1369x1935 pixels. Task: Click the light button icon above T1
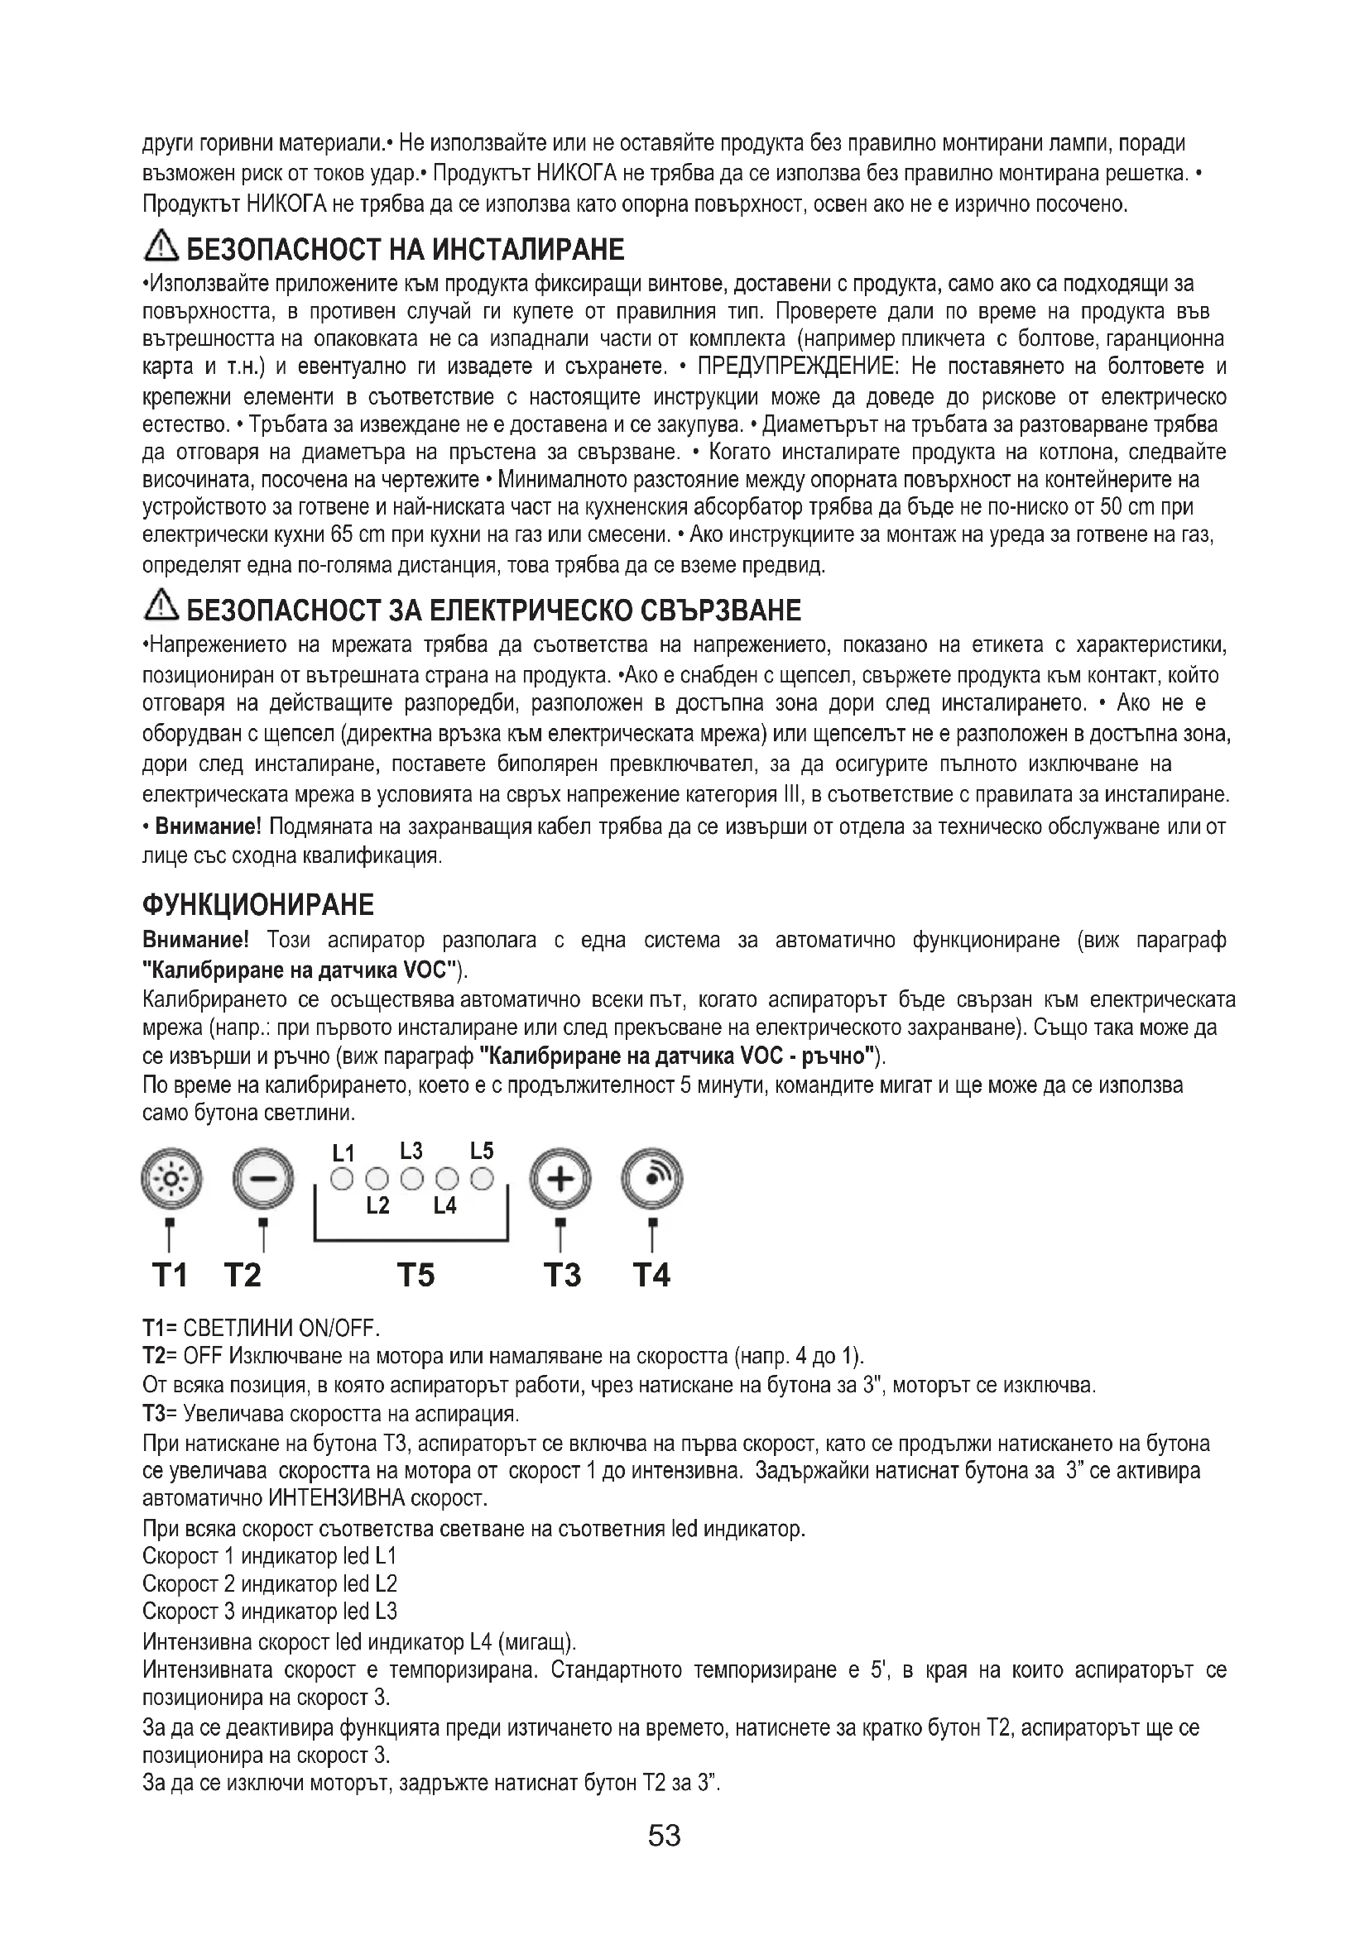[x=171, y=1177]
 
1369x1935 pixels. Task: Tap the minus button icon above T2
[x=263, y=1177]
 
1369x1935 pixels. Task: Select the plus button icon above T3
[x=560, y=1177]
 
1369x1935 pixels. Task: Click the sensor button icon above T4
[x=651, y=1177]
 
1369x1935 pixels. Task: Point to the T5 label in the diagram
[x=416, y=1275]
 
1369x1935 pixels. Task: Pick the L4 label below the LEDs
[x=445, y=1206]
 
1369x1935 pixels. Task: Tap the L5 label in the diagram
[x=483, y=1151]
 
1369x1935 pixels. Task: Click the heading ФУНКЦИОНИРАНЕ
[x=258, y=905]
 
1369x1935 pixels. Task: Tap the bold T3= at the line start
[x=161, y=1412]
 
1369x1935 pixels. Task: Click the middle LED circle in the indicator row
[x=412, y=1179]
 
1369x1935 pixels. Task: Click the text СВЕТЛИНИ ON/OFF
[x=281, y=1329]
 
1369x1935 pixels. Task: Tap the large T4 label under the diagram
[x=651, y=1275]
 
